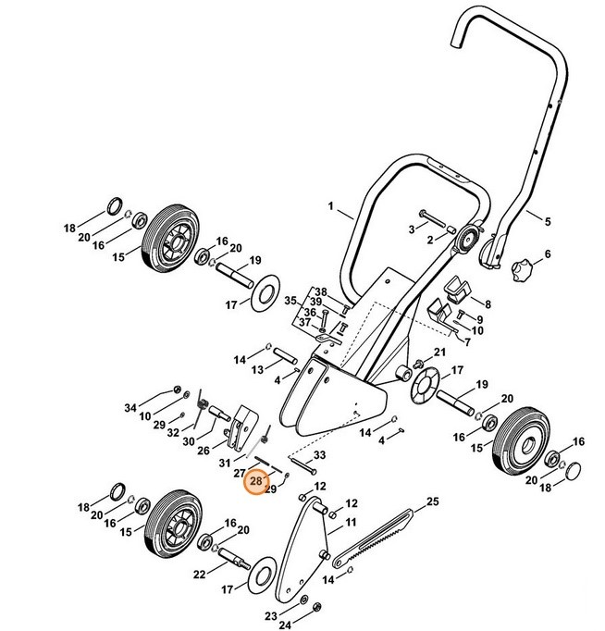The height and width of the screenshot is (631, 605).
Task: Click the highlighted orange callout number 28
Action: tap(256, 481)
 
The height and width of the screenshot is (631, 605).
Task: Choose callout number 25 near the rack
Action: tap(431, 502)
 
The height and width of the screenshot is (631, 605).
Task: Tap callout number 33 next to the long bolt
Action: tap(320, 456)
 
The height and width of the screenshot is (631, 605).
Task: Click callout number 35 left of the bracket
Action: tap(290, 301)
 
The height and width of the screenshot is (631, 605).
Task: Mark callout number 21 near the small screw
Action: tap(439, 353)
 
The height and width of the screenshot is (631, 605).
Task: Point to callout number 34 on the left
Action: tap(130, 408)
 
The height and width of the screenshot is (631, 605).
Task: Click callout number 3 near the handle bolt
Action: tap(412, 229)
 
